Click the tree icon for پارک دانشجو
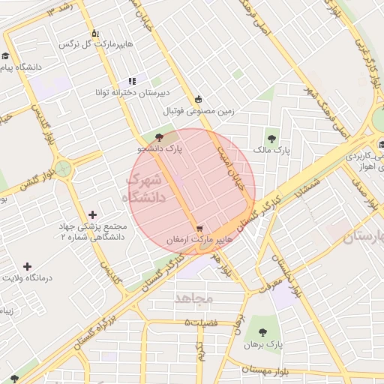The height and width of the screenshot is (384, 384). point(158,136)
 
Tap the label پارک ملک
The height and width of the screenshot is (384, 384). point(271,151)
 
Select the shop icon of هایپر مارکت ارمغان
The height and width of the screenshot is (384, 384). point(199,229)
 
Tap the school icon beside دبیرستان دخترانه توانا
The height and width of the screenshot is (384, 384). point(132,81)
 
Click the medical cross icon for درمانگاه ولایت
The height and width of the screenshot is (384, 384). point(28,266)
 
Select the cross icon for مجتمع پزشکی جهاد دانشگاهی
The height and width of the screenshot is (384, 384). point(92,215)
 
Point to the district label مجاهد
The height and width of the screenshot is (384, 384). point(194,298)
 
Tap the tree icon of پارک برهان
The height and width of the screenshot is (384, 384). point(262,331)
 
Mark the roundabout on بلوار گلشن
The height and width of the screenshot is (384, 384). point(63,169)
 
